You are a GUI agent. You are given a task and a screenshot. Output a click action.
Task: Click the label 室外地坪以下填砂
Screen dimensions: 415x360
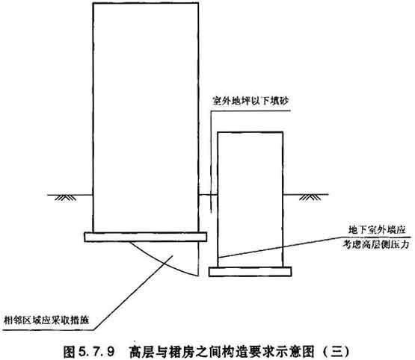(250, 101)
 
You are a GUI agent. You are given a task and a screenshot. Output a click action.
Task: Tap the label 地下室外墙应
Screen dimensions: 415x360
(377, 230)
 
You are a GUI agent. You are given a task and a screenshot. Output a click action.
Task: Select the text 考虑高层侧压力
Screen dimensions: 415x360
(376, 244)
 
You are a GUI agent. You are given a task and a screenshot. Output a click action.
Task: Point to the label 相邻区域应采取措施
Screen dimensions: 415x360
(46, 320)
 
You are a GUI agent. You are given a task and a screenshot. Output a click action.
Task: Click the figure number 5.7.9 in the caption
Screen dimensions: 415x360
(96, 352)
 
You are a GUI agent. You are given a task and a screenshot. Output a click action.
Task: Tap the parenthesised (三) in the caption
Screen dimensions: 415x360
(336, 352)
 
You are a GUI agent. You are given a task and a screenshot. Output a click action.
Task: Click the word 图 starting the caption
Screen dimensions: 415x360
(70, 352)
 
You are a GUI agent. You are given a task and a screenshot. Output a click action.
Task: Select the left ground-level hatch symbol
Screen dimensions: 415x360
(65, 198)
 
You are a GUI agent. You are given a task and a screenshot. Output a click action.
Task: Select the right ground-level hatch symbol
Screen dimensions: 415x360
(310, 197)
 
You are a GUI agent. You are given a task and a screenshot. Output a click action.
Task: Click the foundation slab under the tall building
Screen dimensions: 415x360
(146, 237)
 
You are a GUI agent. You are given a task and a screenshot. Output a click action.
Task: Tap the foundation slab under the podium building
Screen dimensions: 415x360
(250, 272)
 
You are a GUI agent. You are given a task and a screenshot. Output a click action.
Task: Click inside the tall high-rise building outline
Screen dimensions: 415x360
(146, 117)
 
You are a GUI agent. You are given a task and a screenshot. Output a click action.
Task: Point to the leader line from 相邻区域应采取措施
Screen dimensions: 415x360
(133, 293)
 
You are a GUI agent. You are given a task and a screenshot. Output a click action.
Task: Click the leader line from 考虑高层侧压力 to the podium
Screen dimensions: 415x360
(280, 247)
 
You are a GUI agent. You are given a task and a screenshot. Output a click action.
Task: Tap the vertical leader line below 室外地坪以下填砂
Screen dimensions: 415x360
(211, 162)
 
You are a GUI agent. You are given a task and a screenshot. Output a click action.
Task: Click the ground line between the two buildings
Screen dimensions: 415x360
(208, 195)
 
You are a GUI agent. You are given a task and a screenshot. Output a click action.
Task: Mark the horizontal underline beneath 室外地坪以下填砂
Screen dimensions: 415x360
(250, 111)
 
